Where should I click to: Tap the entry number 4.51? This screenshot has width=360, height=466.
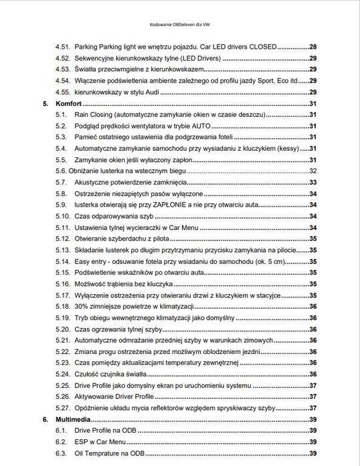63,47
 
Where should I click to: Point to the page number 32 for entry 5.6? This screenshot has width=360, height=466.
313,171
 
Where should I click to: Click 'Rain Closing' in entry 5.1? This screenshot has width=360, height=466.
94,115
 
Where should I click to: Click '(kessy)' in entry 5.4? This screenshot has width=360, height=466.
286,149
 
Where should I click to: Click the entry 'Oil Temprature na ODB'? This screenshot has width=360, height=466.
107,453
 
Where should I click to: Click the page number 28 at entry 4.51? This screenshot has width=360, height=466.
313,47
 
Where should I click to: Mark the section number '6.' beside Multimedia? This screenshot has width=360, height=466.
45,420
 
